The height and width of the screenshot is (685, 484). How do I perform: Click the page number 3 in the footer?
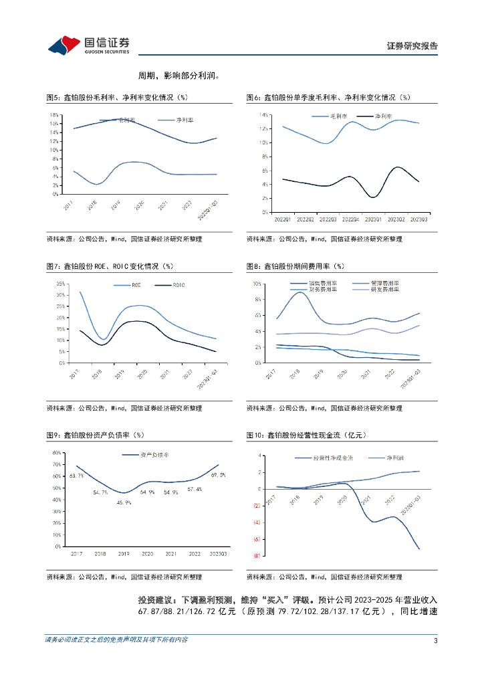(x=435, y=641)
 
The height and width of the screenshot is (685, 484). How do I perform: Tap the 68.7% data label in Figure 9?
(x=76, y=476)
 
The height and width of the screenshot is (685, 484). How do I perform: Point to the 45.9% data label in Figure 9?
(x=124, y=502)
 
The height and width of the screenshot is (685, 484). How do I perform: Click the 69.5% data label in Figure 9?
(x=218, y=475)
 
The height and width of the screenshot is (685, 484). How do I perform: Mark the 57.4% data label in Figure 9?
(x=195, y=489)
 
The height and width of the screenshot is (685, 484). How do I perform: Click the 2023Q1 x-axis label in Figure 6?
(x=373, y=218)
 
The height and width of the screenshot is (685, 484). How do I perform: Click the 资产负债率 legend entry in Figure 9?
(x=154, y=456)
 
